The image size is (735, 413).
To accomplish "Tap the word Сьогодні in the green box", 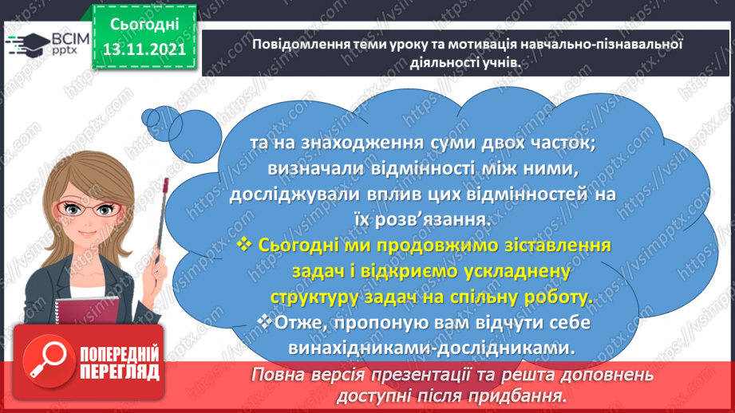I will (144, 24).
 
